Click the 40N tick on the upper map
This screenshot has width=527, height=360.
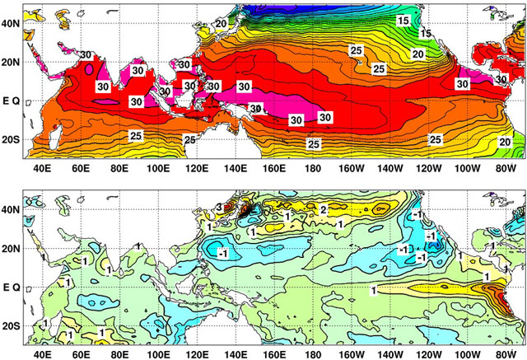[12, 23]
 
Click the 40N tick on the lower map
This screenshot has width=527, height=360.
[12, 209]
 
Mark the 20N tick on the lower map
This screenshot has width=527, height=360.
[12, 248]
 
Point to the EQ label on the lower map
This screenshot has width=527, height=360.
[12, 288]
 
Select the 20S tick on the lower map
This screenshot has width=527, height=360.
[12, 326]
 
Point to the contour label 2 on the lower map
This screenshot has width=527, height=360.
[324, 209]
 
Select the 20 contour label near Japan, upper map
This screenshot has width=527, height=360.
[221, 24]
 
